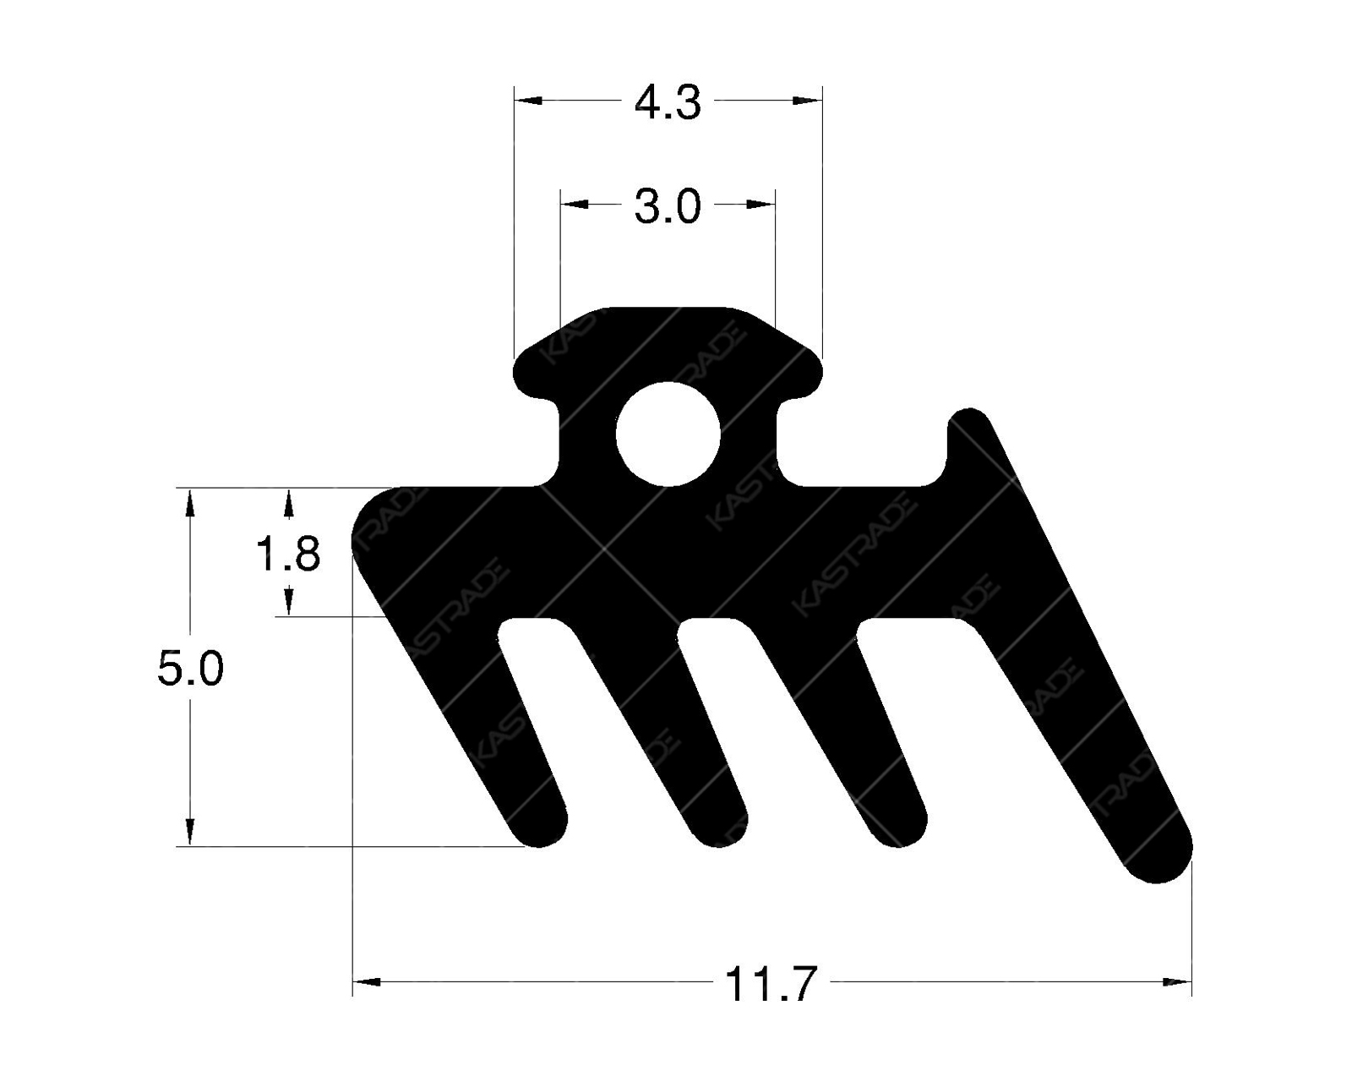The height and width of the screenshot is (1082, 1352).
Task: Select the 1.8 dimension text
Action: click(x=288, y=555)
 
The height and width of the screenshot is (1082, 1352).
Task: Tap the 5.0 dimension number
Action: click(x=190, y=669)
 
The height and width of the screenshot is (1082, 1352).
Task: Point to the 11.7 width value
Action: click(x=771, y=984)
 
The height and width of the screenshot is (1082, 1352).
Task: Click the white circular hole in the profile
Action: click(x=668, y=434)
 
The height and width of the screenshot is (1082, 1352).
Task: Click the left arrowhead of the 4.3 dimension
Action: click(x=528, y=101)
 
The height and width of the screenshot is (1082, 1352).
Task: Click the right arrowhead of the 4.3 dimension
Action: click(x=808, y=101)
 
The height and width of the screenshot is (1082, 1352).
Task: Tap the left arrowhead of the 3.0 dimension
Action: click(x=575, y=204)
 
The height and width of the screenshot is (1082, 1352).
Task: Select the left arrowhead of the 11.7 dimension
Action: click(x=366, y=981)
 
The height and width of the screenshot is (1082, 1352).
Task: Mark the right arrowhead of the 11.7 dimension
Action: click(x=1177, y=981)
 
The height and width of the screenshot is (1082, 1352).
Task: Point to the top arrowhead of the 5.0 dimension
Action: click(x=190, y=502)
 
